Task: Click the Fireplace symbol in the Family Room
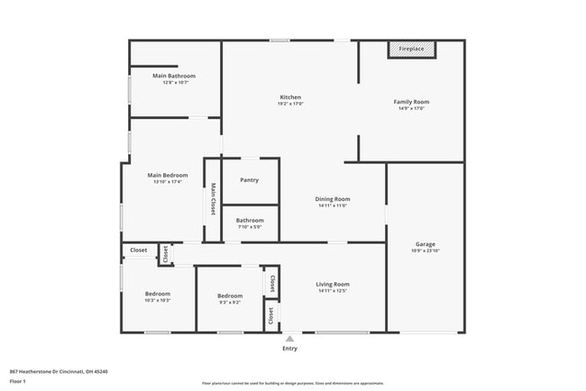pos(412,50)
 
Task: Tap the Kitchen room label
pos(290,97)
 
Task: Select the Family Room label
pos(411,102)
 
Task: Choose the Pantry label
pos(250,180)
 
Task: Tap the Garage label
pos(426,244)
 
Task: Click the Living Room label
pos(333,285)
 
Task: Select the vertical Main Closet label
pos(214,199)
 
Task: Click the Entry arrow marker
pos(289,339)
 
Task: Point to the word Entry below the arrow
pos(289,349)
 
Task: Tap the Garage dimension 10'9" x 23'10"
pos(426,251)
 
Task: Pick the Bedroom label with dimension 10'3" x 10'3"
pos(158,296)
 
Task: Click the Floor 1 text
pos(18,381)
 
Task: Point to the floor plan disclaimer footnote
pos(291,385)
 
